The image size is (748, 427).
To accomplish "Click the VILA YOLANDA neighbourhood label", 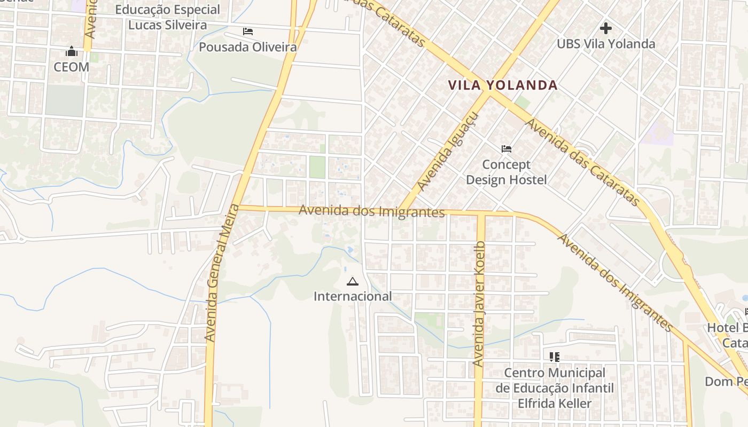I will pos(503,85).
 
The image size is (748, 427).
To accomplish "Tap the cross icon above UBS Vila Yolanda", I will pos(606,28).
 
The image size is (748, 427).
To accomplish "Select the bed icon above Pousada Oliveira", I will pos(247,31).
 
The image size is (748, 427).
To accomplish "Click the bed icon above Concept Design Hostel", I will pos(507,149).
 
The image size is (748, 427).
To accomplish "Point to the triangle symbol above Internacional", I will pos(352,281).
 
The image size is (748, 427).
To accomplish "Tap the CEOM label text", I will pos(72,67).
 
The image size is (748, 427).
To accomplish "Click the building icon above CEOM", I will pos(72,52).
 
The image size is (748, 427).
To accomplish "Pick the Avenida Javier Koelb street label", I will pos(479,304).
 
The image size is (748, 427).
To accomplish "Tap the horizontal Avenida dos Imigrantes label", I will pos(371,211).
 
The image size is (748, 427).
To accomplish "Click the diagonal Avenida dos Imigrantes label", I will pos(615,282).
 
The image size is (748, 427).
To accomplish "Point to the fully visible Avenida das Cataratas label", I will pos(583,162).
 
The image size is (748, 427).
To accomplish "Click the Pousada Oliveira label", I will pos(248,47).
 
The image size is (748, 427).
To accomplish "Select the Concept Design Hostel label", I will pos(507,172).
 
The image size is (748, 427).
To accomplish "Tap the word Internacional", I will pos(353,296).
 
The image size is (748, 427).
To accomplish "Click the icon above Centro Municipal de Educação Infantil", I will pos(554,357).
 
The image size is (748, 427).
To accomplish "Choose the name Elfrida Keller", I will pos(555,403).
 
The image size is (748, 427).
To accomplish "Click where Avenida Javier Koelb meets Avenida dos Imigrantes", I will pos(480,213).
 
